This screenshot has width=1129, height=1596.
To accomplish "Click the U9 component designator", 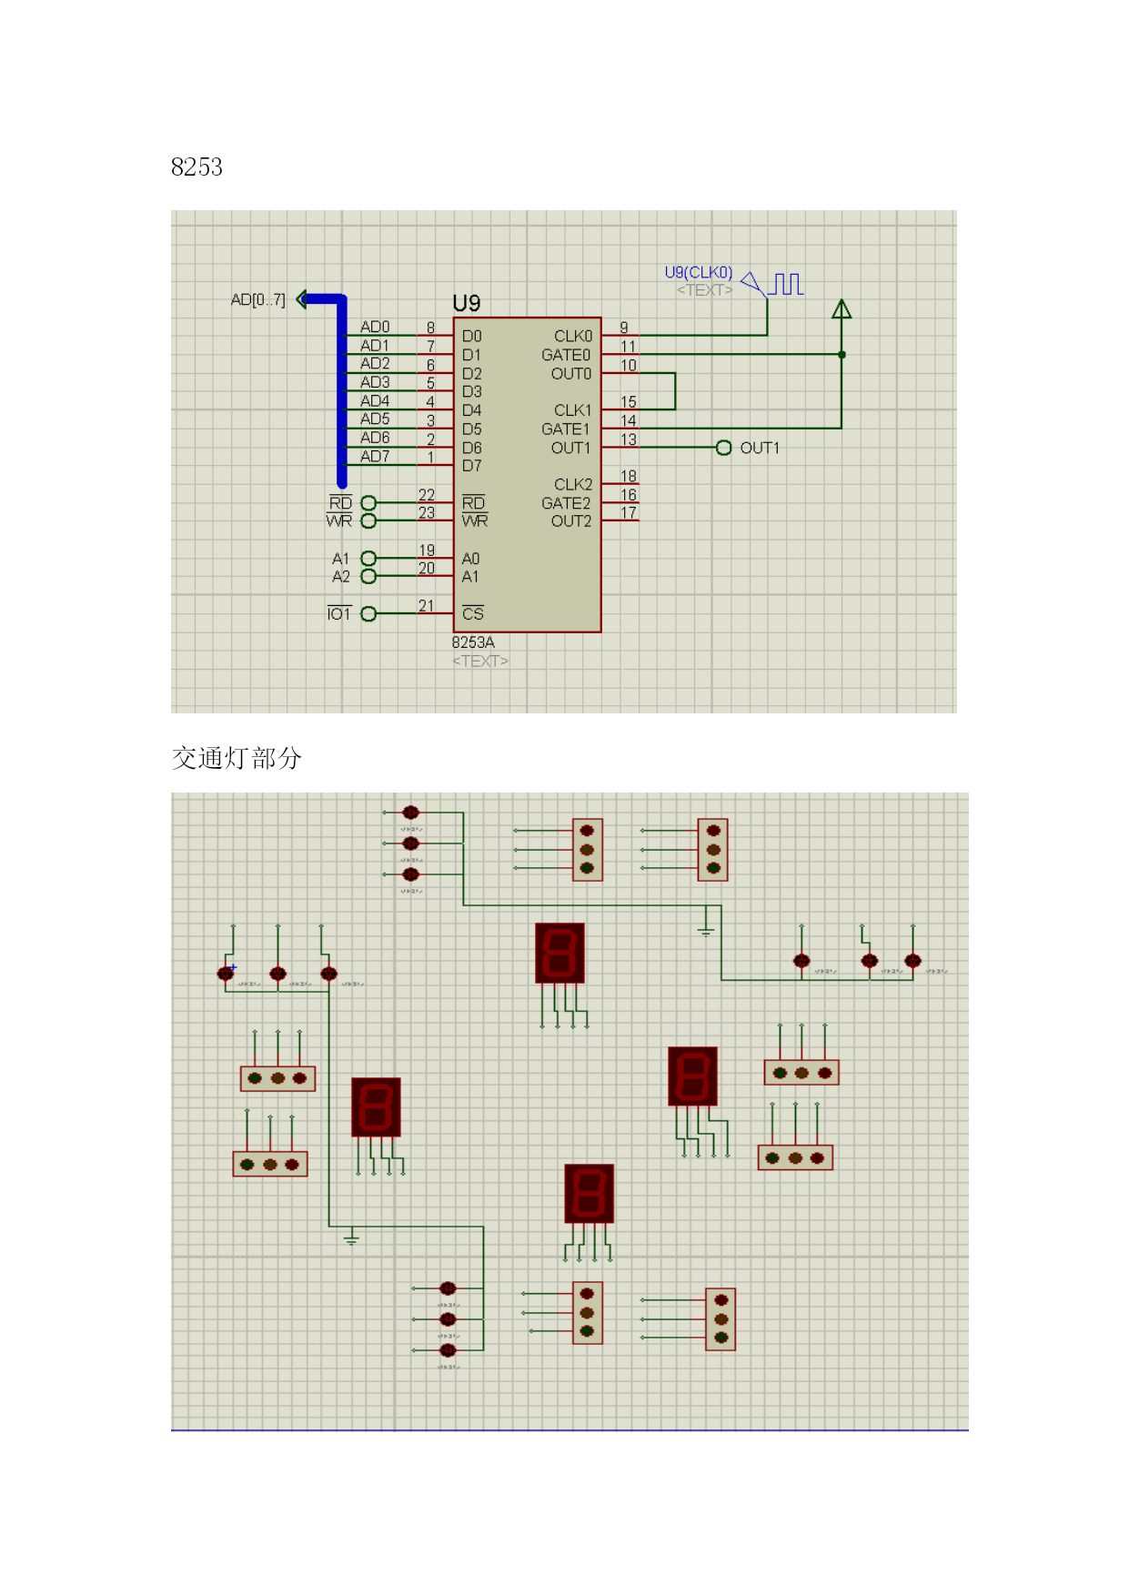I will tap(466, 303).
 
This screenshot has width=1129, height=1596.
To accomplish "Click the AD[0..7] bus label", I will tap(257, 299).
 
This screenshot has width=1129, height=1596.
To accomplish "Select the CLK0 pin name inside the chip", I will tap(572, 337).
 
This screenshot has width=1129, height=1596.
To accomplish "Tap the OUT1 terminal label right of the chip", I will tap(760, 448).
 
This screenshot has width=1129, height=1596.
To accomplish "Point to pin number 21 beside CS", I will tap(426, 606).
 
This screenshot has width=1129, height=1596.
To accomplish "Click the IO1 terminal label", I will tap(338, 614).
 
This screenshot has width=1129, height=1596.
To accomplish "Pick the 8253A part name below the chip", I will tap(473, 642).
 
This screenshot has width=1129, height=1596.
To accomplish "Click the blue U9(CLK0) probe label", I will tap(698, 272).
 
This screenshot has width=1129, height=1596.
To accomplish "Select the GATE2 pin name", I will tap(565, 503).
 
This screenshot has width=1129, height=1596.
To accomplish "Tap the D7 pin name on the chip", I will tap(471, 466).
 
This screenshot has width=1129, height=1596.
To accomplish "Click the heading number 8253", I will tap(197, 167).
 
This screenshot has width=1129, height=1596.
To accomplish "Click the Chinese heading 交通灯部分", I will tap(237, 758).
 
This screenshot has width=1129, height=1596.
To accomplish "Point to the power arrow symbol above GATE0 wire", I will tap(842, 310).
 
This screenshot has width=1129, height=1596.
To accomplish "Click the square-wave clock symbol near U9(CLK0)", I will tap(787, 284).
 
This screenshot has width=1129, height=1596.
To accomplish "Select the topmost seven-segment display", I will tap(559, 953).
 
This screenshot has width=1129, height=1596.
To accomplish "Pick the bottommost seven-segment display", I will tap(589, 1193).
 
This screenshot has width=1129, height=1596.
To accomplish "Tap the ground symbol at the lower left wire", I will tap(351, 1238).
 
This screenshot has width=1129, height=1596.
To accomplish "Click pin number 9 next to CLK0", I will tap(623, 328).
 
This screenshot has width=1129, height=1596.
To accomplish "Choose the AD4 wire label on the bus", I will tap(375, 401).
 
